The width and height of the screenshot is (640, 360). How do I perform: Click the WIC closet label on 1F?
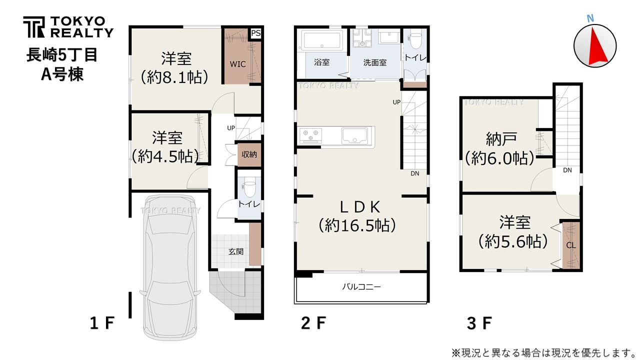point(237,64)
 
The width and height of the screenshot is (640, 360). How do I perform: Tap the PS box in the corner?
point(255,33)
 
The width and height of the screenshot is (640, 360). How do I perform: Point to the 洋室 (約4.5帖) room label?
point(167,147)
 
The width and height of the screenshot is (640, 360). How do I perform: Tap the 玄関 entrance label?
point(236,251)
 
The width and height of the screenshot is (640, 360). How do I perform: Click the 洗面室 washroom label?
point(374,62)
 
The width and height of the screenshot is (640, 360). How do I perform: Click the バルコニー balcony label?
point(361,287)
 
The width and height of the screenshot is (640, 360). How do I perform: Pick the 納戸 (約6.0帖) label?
point(500,148)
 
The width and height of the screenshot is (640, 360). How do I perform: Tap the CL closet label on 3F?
point(571,245)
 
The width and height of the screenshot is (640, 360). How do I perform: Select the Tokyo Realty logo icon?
point(34,27)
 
